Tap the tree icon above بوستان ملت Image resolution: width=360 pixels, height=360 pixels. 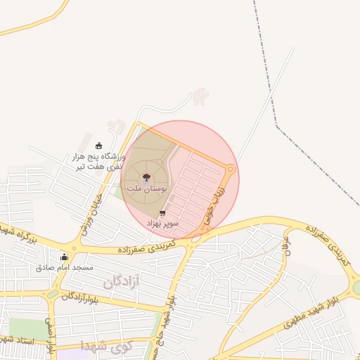pos(146,179)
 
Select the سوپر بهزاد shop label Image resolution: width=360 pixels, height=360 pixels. pos(162,223)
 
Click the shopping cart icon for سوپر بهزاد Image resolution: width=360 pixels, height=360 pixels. pos(163,212)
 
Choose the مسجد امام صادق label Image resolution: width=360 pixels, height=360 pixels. pos(64,268)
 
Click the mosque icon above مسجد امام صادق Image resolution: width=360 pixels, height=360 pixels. pos(65,257)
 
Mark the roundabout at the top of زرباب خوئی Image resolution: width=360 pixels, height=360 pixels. pos(231,168)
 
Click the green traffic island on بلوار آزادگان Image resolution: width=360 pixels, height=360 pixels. pos(53,294)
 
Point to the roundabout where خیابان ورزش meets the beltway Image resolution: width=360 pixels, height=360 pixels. pos(75,244)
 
